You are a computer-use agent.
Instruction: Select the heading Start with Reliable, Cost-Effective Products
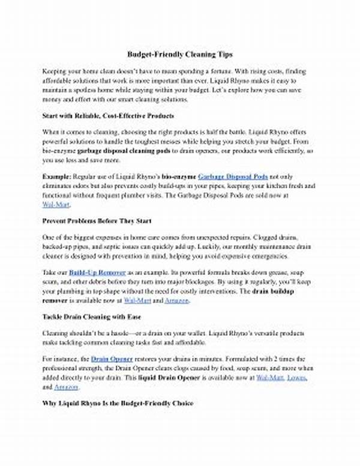[109, 115]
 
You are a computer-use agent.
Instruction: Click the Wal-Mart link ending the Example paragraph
[52, 205]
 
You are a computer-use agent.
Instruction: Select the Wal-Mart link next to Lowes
[269, 378]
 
